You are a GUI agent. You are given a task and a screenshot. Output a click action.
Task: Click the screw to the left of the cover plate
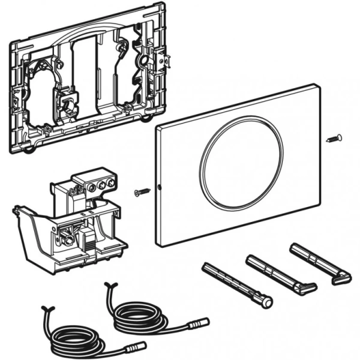pos(142,191)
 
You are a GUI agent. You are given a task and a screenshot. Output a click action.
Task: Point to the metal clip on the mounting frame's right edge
pos(161,59)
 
